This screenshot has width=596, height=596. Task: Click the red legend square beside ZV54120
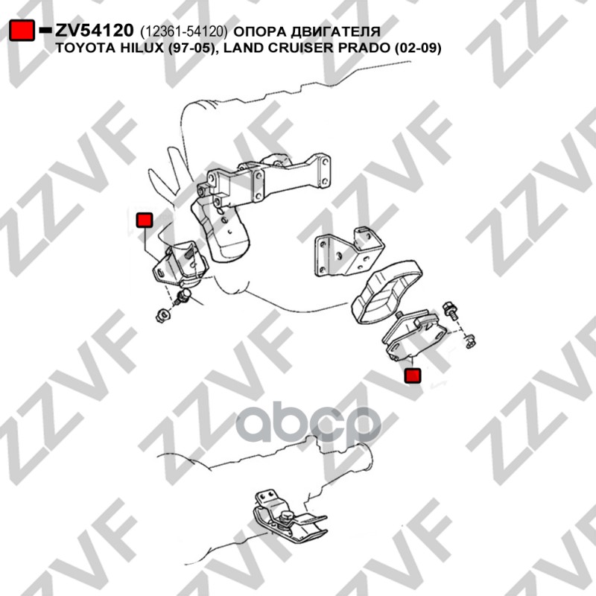click(22, 30)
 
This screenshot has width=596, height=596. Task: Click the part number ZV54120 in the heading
click(95, 31)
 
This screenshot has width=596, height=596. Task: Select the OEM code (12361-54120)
click(183, 32)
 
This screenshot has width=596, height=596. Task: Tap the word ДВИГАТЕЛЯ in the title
click(336, 31)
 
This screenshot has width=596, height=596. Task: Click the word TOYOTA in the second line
click(83, 48)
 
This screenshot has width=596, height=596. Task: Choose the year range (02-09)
click(418, 48)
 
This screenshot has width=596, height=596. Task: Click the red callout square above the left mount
click(145, 220)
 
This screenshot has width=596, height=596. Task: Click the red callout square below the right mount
click(413, 375)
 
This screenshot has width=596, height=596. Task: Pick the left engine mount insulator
click(180, 264)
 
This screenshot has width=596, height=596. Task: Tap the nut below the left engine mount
click(163, 315)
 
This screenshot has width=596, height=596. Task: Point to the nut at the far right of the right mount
click(471, 343)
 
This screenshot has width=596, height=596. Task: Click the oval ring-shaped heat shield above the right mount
click(387, 292)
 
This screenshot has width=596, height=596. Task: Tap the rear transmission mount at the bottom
click(288, 514)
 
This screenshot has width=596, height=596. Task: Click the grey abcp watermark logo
click(308, 425)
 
